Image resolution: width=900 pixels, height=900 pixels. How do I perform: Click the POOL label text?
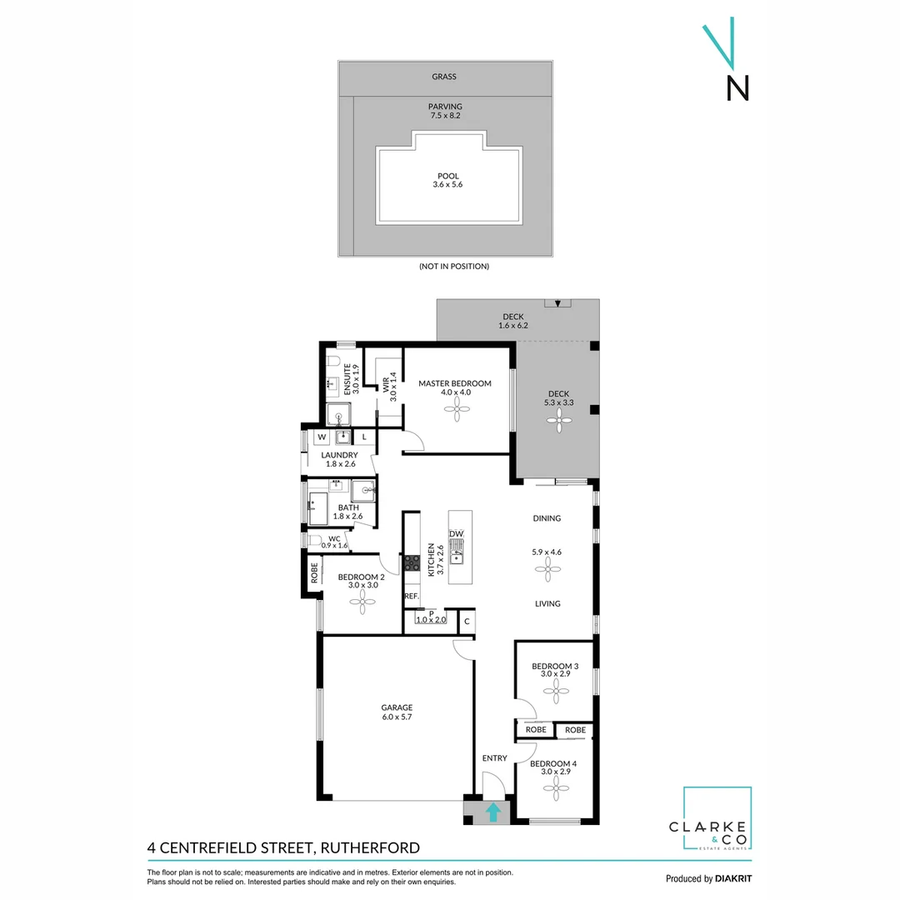448,176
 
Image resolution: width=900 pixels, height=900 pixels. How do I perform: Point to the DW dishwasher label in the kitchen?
456,533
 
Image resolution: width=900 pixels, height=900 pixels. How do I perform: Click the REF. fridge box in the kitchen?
412,597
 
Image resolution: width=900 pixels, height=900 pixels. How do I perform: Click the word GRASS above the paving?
444,77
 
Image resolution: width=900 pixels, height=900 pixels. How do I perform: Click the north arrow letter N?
737,88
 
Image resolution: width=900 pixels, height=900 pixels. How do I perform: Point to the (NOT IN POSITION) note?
454,267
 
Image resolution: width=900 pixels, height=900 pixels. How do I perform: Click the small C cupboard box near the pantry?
467,621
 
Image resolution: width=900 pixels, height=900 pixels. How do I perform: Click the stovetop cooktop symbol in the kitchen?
412,562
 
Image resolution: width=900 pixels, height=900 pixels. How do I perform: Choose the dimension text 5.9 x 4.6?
547,551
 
